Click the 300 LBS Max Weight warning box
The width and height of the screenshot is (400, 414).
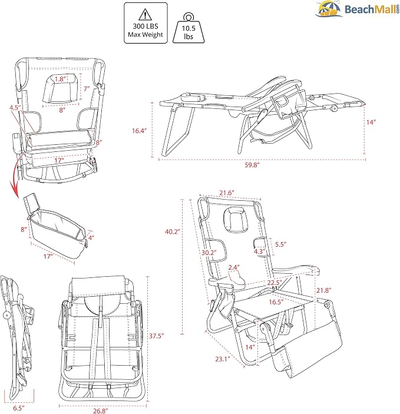[x=146, y=23]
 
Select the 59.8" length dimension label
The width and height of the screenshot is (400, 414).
[x=252, y=165]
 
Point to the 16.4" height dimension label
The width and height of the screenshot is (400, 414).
[x=139, y=130]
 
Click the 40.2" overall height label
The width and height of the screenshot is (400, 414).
[x=173, y=231]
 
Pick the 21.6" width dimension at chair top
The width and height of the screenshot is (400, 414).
[x=227, y=193]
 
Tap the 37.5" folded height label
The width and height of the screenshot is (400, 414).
[x=156, y=336]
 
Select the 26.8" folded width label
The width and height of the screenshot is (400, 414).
[x=101, y=410]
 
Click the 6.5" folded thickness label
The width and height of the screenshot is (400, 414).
[x=19, y=408]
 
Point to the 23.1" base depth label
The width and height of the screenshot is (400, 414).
[x=223, y=359]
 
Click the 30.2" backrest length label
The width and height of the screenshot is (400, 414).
[x=209, y=253]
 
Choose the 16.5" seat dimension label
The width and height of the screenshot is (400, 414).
[x=276, y=302]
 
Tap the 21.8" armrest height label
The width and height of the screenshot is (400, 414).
[x=324, y=290]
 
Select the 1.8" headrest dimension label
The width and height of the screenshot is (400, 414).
[x=60, y=79]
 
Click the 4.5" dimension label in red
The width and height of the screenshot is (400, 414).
[x=15, y=107]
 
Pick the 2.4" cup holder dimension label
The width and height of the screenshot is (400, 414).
[x=234, y=267]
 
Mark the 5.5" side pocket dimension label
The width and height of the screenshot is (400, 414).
[x=280, y=244]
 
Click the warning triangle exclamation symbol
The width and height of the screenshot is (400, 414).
[x=145, y=15]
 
